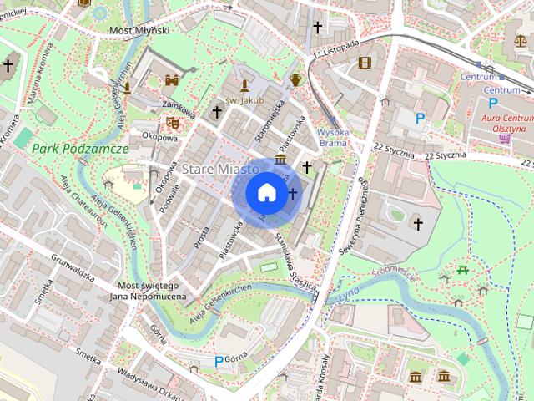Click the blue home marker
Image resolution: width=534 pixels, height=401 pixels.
[266, 192]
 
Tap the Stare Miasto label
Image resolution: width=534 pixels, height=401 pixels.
[214, 170]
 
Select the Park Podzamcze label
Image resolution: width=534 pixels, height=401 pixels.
[80, 148]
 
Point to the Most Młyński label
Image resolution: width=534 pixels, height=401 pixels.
[139, 30]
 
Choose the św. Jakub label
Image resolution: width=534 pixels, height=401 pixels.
[244, 100]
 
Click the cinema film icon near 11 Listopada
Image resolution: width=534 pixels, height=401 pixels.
[364, 62]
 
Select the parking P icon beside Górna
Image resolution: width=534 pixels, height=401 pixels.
[219, 361]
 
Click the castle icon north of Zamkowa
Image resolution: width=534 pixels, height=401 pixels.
[173, 81]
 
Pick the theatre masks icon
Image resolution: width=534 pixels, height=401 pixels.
[173, 122]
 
